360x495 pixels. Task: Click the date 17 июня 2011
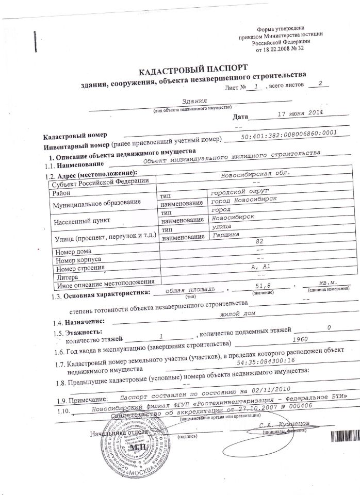coord(296,112)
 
